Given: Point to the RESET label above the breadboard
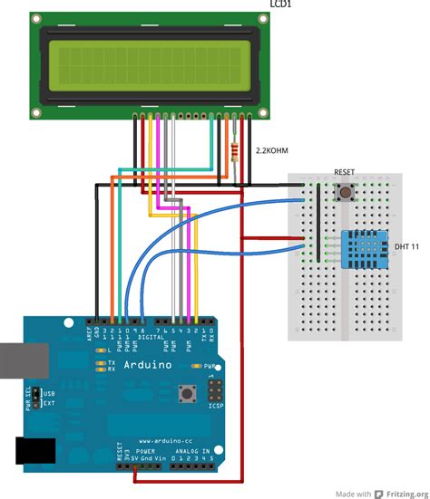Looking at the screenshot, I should click(345, 172).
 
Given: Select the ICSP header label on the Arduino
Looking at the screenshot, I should click(215, 405).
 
